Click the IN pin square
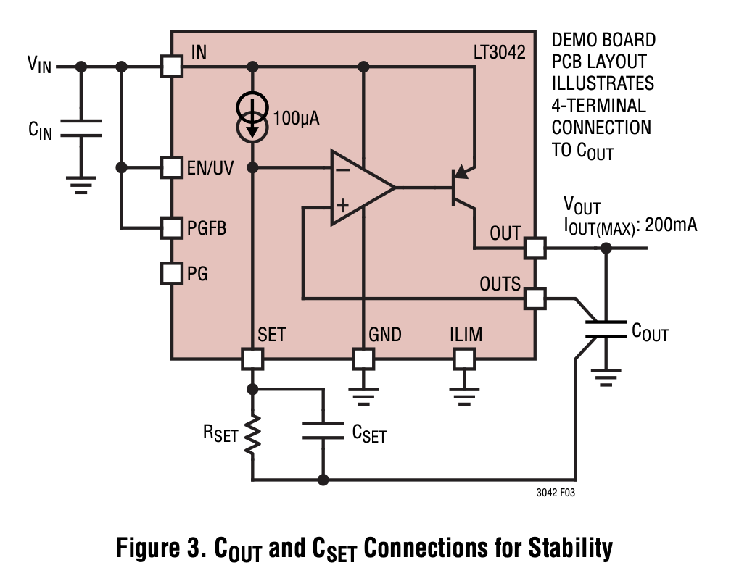point(172,67)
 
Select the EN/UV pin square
point(172,167)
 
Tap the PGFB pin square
point(172,228)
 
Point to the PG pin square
point(172,273)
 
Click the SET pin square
point(252,359)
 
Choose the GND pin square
point(363,359)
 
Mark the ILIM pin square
point(463,359)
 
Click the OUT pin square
point(535,248)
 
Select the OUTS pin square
point(535,298)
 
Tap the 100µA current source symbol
point(252,117)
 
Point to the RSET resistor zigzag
point(252,435)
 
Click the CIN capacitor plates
point(81,128)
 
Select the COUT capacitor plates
point(605,330)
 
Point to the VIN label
point(40,64)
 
